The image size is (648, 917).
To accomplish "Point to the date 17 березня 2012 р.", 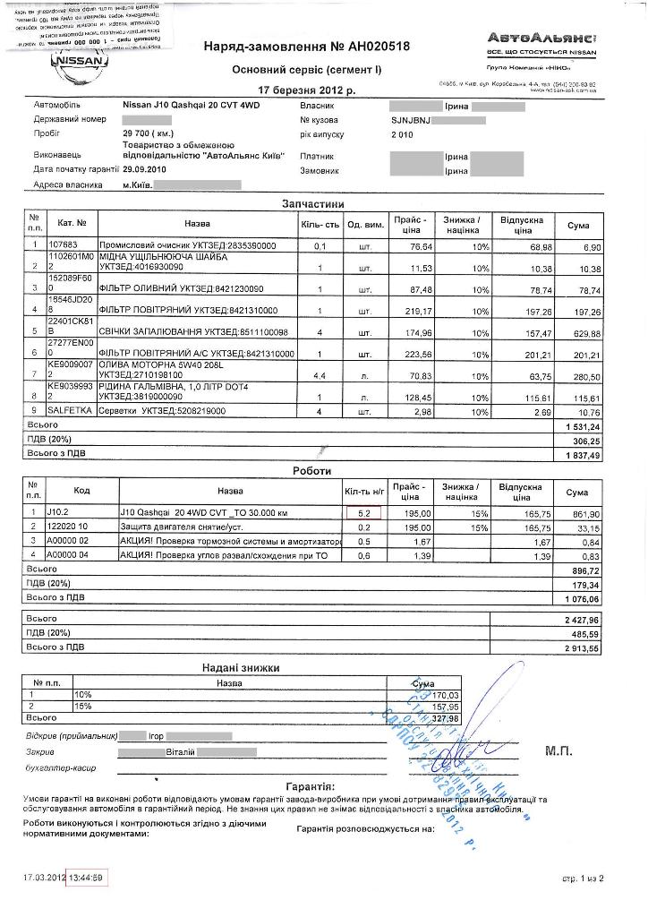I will pos(306,90).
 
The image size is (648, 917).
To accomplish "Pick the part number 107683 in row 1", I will pos(64,244).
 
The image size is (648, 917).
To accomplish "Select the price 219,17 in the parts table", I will pos(416,311).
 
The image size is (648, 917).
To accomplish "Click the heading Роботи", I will pos(311,471).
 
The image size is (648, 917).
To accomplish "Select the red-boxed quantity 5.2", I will pos(363,513).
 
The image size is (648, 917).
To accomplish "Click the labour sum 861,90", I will pos(584,513).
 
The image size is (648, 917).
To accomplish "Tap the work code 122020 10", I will pos(70,527).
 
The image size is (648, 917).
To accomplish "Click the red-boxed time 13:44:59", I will pos(88,877).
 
